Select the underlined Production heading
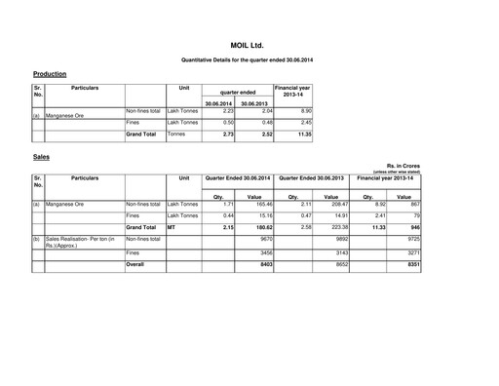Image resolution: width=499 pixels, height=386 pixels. (50, 74)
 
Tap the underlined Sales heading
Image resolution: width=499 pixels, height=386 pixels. (41, 156)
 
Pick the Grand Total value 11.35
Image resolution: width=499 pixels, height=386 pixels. (301, 135)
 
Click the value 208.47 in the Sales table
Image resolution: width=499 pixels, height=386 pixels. (332, 204)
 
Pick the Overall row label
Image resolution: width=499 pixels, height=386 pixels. (138, 262)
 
